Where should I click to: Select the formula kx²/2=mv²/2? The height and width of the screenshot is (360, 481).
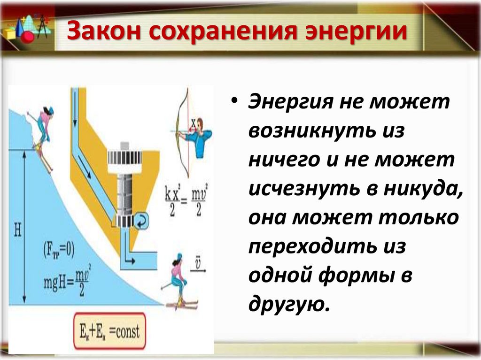coord(183,201)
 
